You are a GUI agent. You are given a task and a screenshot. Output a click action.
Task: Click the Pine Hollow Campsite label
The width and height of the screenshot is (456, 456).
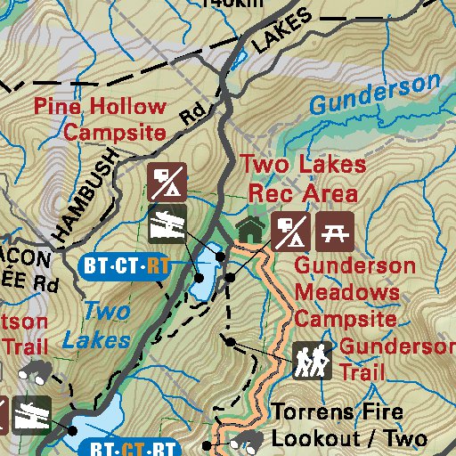pos(101,120)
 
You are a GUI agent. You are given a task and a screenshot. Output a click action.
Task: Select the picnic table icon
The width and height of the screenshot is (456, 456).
pos(335,232)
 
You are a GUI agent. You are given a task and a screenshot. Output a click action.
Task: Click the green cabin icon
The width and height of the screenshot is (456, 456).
pos(251,230)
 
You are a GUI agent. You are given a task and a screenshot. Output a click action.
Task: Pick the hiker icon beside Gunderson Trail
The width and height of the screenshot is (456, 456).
pos(312,360)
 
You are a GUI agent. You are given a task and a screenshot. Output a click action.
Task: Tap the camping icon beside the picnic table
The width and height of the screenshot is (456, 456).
pos(290,232)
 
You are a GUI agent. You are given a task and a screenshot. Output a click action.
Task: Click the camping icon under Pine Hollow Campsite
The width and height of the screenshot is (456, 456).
pos(167,182)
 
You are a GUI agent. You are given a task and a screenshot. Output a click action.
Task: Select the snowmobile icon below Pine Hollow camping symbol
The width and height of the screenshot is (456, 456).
pos(167,223)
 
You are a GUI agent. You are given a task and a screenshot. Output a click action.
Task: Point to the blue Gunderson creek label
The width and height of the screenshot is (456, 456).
pos(374,94)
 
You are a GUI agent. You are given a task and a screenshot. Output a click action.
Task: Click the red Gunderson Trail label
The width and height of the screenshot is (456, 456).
pos(392,358)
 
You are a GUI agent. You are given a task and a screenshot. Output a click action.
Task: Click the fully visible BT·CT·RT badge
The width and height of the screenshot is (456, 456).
pos(125,265)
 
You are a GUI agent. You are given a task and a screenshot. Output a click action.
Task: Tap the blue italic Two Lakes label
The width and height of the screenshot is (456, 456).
pos(101,325)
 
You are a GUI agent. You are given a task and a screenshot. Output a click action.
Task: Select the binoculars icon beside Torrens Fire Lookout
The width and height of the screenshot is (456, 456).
pos(247,440)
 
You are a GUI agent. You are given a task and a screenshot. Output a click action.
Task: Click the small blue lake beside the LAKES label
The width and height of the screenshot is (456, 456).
pos(239,60)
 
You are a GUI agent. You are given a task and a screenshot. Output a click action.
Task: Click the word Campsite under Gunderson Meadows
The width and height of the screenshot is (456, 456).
pos(346,318)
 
